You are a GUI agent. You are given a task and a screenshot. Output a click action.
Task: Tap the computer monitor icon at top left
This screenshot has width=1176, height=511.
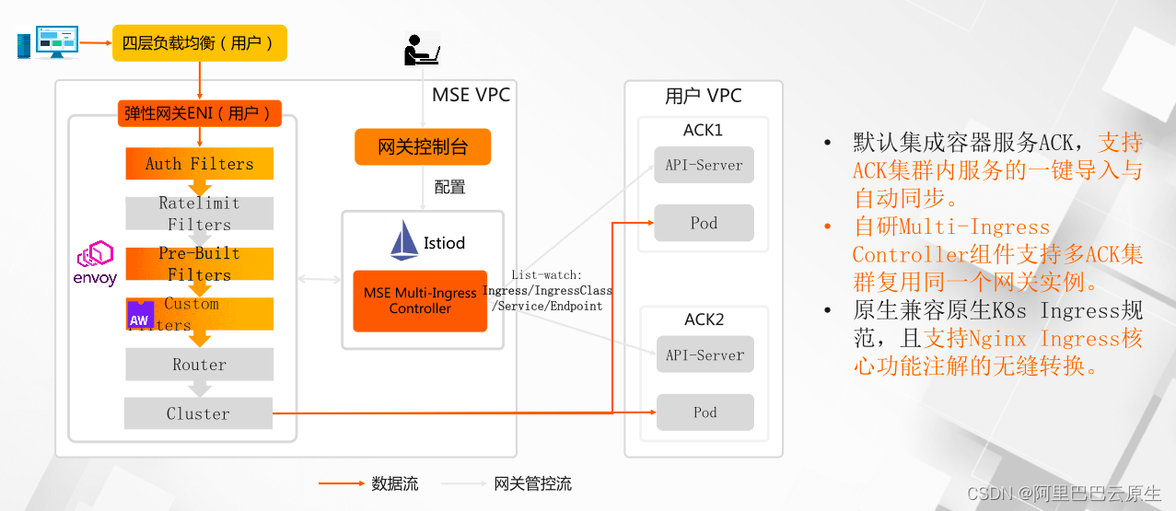pyautogui.click(x=56, y=42)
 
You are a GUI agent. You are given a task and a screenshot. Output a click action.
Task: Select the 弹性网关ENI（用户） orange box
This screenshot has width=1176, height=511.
pyautogui.click(x=199, y=113)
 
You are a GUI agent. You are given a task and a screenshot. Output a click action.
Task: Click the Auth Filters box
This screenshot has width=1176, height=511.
pyautogui.click(x=199, y=164)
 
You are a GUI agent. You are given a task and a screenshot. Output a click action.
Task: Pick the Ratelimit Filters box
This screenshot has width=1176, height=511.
pyautogui.click(x=199, y=214)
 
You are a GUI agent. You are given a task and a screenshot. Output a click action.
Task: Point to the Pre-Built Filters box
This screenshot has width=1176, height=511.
pyautogui.click(x=199, y=263)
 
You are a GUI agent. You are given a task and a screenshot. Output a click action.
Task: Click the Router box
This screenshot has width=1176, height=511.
pyautogui.click(x=199, y=365)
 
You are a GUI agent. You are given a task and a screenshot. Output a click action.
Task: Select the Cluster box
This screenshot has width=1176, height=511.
pyautogui.click(x=198, y=413)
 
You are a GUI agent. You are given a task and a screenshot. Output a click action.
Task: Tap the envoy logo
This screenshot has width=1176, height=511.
pyautogui.click(x=95, y=263)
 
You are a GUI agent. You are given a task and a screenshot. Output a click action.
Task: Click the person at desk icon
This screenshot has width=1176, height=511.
pyautogui.click(x=422, y=49)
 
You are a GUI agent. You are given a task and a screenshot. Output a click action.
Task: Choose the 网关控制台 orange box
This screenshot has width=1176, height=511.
pyautogui.click(x=423, y=147)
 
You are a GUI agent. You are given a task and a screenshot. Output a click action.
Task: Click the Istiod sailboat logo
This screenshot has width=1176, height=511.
pyautogui.click(x=405, y=241)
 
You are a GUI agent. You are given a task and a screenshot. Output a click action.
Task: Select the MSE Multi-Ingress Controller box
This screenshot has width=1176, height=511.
pyautogui.click(x=420, y=301)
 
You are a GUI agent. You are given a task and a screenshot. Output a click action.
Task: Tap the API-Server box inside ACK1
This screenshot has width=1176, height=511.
pyautogui.click(x=704, y=166)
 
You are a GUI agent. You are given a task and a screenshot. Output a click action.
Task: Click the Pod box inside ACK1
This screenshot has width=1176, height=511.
pyautogui.click(x=704, y=223)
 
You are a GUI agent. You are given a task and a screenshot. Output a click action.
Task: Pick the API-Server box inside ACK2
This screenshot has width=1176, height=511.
pyautogui.click(x=704, y=354)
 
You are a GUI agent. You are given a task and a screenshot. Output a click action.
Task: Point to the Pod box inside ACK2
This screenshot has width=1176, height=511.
pyautogui.click(x=704, y=412)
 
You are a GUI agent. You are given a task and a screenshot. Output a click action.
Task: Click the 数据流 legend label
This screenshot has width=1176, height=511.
pyautogui.click(x=395, y=483)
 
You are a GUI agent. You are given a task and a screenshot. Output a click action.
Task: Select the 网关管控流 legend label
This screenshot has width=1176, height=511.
pyautogui.click(x=532, y=483)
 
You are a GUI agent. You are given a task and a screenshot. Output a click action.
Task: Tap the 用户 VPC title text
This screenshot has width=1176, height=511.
pyautogui.click(x=703, y=96)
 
